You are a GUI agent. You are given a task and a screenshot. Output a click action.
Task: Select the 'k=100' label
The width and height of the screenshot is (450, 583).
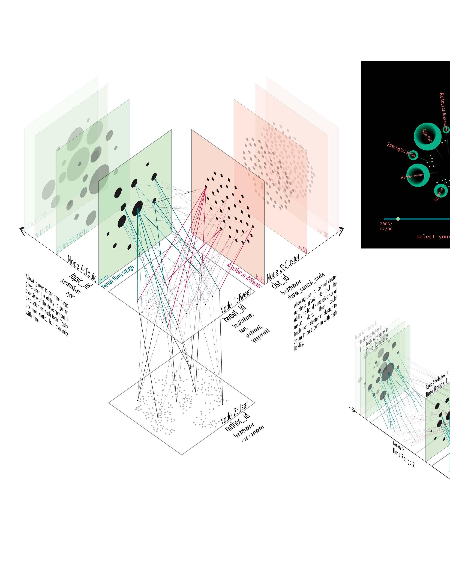coord(323,232)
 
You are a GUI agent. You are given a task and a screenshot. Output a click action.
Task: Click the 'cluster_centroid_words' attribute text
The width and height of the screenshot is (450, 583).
coord(306,286)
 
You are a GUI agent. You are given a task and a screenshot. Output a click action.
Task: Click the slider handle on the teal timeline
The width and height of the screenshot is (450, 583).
coord(398,219)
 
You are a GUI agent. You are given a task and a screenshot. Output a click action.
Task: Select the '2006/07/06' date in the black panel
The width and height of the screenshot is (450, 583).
coord(386,226)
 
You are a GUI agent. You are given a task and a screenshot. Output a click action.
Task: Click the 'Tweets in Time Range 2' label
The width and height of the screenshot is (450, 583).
coord(403,454)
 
